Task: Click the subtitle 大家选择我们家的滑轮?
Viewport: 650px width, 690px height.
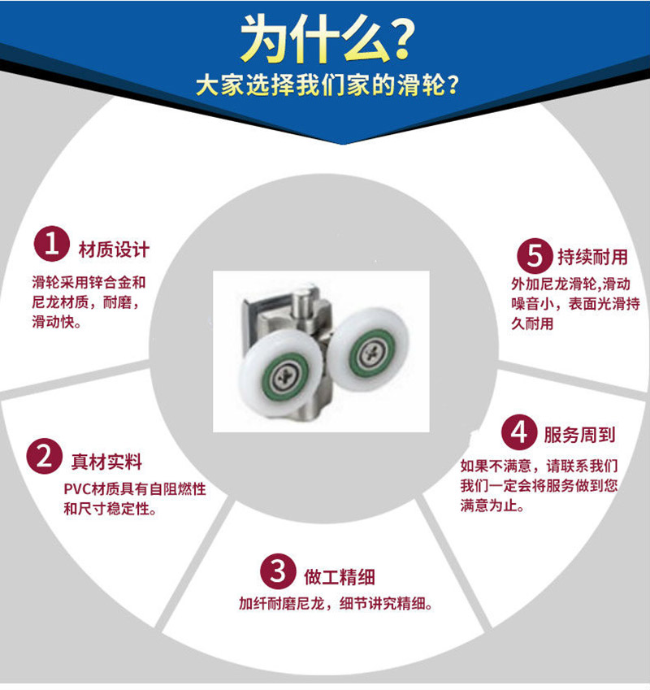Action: coord(327,85)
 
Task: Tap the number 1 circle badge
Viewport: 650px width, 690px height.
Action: coord(52,244)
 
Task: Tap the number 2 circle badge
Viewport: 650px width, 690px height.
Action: coord(45,456)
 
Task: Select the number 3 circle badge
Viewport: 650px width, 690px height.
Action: coord(278,571)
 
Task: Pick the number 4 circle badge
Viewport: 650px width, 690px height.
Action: coord(519,432)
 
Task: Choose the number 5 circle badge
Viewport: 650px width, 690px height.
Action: coord(535,256)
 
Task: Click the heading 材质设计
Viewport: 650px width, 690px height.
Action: coord(114,250)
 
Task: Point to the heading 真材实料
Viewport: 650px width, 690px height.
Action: coord(107,462)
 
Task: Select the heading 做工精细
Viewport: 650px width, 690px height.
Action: coord(340,577)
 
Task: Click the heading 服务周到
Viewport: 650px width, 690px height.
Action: coord(579,435)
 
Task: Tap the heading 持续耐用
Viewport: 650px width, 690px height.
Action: coord(592,257)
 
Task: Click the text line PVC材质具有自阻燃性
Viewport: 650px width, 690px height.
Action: coord(135,489)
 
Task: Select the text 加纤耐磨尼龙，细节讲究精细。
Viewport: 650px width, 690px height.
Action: coord(336,603)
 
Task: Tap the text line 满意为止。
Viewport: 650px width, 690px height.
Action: coord(492,506)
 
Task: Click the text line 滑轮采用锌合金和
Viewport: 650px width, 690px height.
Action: coord(89,282)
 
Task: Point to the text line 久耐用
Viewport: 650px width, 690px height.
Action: coord(532,323)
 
